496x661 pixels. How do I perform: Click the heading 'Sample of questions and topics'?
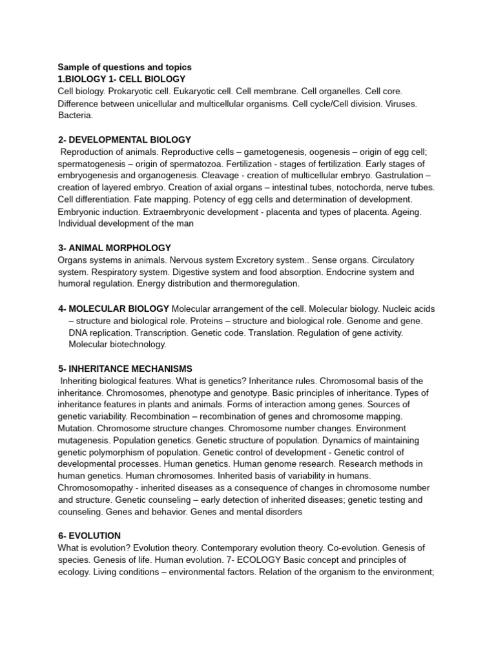[125, 67]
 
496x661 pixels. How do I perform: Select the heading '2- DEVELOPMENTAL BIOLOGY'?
[125, 139]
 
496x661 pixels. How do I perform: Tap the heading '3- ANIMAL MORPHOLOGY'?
[114, 248]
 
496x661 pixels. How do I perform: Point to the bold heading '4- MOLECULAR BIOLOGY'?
[114, 309]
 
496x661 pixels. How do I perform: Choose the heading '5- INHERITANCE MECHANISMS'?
[125, 369]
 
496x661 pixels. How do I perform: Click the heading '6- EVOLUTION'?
[89, 536]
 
